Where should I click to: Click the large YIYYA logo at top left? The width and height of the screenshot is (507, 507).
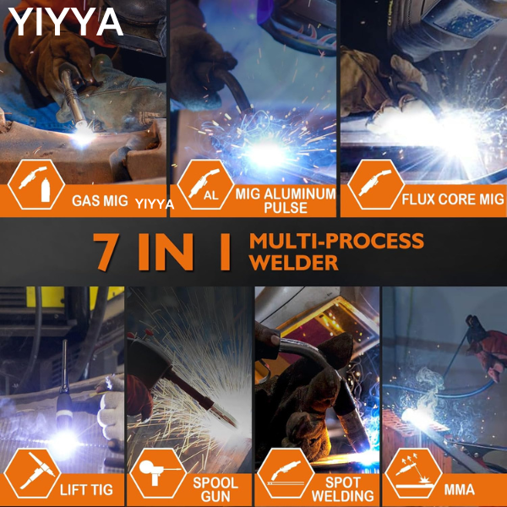click(66, 22)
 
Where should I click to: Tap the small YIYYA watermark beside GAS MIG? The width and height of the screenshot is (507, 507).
click(155, 204)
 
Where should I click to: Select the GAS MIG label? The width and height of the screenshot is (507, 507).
click(100, 201)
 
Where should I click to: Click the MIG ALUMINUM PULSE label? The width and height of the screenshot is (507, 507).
click(286, 200)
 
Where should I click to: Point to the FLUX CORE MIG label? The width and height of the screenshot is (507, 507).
click(453, 199)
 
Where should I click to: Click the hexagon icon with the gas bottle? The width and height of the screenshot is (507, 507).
click(36, 184)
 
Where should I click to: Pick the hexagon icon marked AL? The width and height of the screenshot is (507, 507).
click(205, 184)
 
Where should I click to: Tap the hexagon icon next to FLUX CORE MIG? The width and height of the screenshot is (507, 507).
click(376, 184)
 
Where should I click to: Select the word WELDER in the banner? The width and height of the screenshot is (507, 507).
click(293, 263)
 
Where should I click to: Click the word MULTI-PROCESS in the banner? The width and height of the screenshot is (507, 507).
click(336, 241)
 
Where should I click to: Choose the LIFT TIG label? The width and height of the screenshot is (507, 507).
click(86, 490)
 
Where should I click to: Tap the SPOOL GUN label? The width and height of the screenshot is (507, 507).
click(215, 489)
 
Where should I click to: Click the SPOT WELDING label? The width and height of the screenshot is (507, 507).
click(343, 489)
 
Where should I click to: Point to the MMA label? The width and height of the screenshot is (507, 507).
click(459, 489)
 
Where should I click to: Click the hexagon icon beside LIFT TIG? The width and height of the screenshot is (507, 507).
click(32, 474)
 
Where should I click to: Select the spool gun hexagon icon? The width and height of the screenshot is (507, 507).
click(158, 473)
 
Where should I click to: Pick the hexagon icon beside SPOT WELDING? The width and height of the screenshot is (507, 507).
click(286, 473)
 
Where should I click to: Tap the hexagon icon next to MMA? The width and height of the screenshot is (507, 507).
click(413, 473)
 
